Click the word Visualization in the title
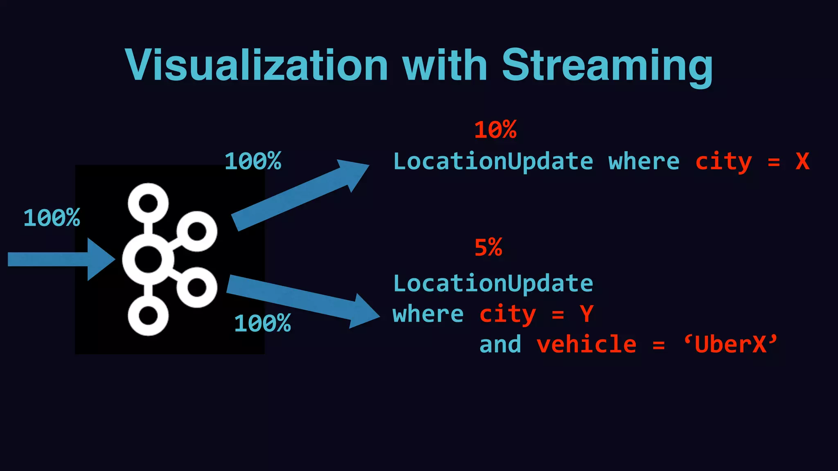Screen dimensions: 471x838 (x=257, y=65)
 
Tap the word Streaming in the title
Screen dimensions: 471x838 (x=607, y=65)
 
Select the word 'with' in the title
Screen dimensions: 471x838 (x=445, y=65)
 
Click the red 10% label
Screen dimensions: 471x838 (x=495, y=130)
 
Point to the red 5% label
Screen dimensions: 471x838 (x=488, y=248)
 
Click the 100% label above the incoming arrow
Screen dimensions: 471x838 (x=52, y=218)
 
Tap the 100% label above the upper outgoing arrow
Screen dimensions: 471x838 (x=253, y=161)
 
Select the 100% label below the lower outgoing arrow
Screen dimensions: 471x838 (x=262, y=324)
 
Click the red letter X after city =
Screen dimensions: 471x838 (x=802, y=161)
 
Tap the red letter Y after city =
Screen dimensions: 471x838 (x=586, y=314)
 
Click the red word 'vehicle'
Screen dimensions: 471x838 (x=586, y=344)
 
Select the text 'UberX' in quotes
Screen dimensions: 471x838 (x=730, y=344)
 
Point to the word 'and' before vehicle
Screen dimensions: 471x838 (x=500, y=344)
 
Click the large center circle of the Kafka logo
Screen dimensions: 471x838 (x=148, y=259)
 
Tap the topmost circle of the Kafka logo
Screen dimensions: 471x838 (x=148, y=203)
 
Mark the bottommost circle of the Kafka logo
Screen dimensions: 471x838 (x=148, y=316)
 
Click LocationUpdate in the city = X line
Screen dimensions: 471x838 (x=493, y=161)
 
